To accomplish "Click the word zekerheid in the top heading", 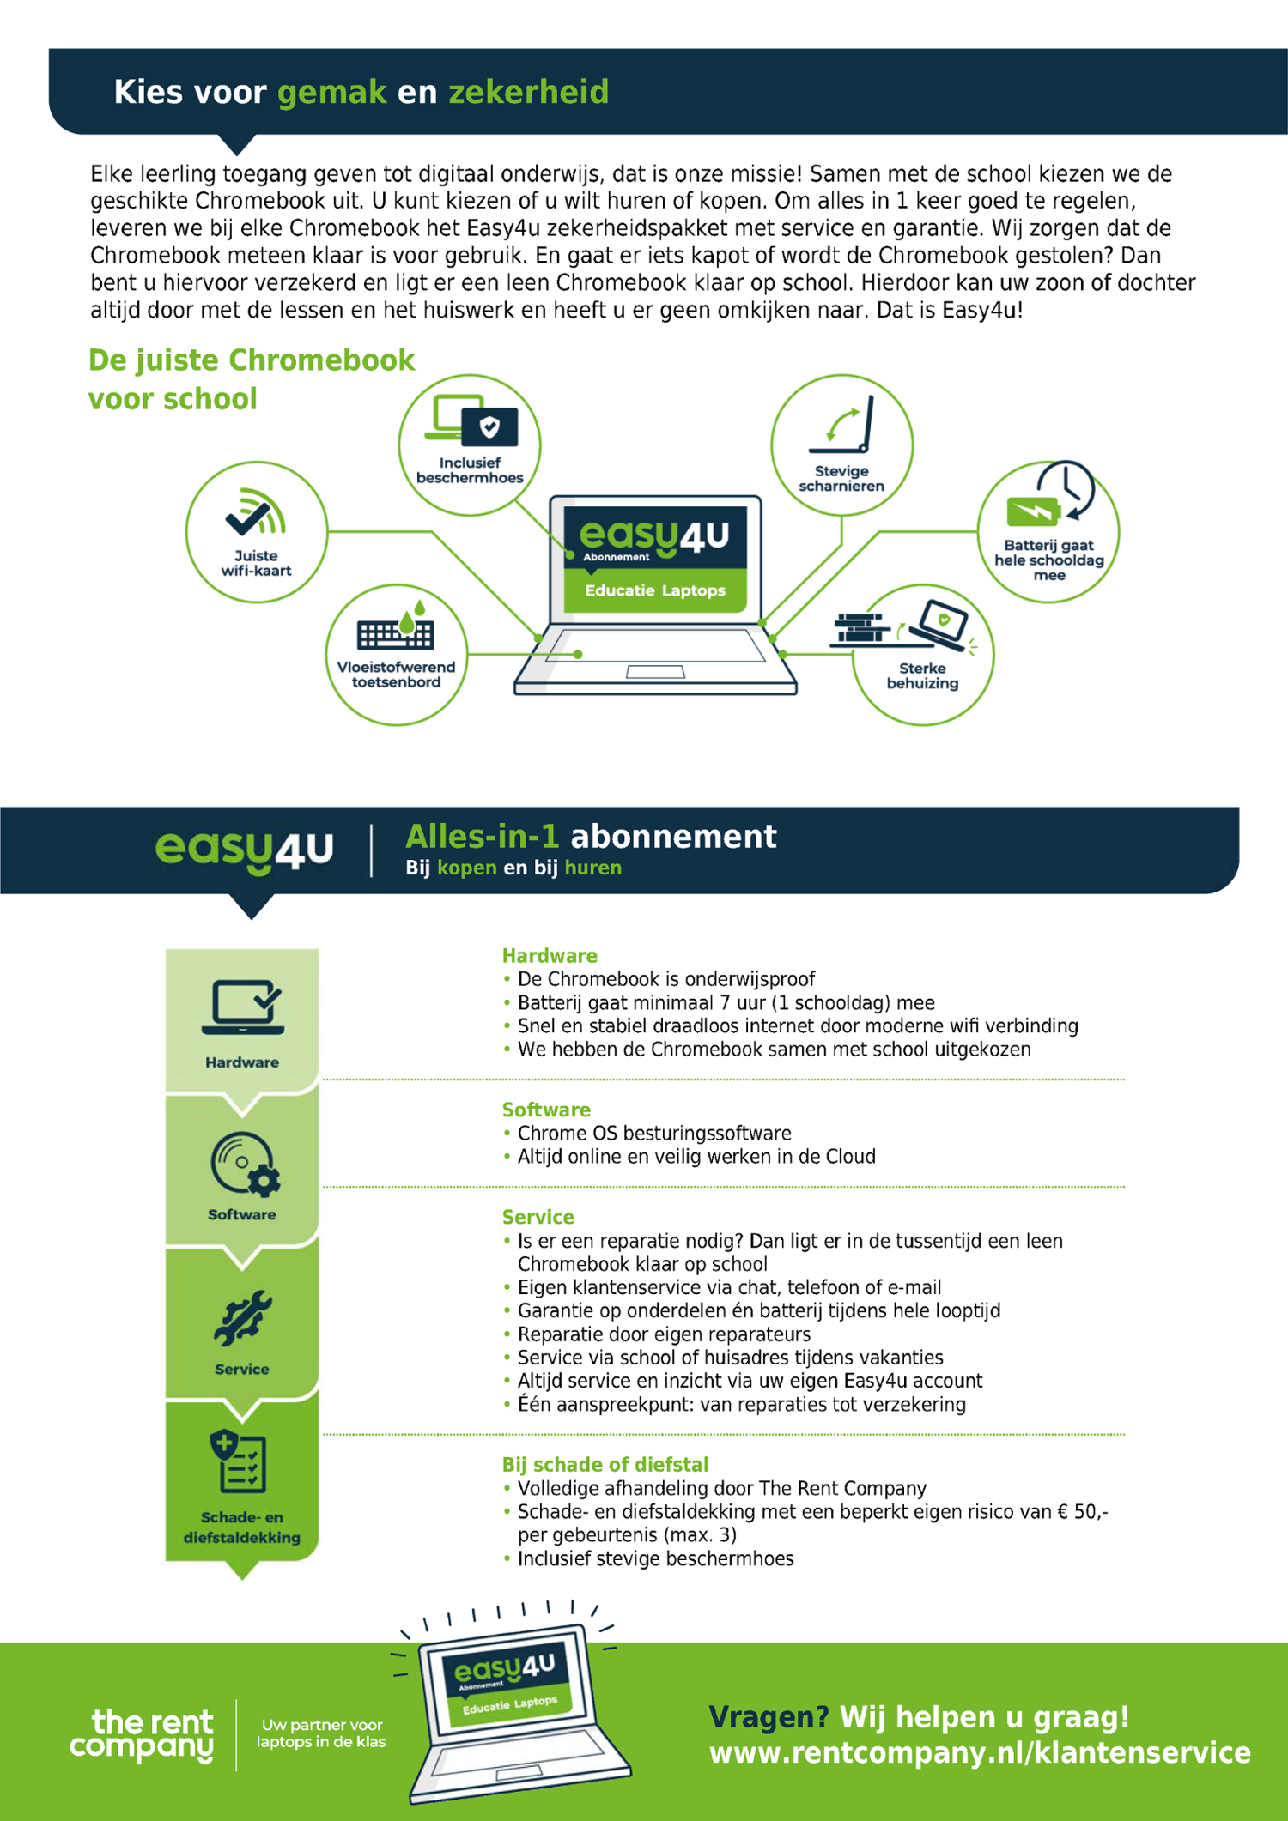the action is pos(529,92).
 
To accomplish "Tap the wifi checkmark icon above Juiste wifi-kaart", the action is pos(255,511).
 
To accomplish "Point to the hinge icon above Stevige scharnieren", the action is pos(841,425).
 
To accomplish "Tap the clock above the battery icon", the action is pos(1066,488).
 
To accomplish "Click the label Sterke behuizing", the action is pos(922,675).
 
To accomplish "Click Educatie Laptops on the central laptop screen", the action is pos(655,590).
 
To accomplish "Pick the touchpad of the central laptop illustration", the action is pos(655,672).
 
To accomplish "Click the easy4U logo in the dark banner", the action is pos(244,850).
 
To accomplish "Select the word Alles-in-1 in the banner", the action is pos(482,836).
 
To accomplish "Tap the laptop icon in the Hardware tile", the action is pos(243,1007).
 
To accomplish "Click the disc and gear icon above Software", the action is pos(245,1165).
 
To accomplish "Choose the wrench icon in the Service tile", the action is pos(242,1318).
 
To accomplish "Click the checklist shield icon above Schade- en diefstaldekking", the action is pos(238,1461).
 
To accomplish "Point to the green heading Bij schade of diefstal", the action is pos(605,1465).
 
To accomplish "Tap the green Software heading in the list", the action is pos(546,1110).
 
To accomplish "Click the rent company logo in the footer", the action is pos(142,1735).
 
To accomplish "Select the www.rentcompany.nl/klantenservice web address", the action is pos(980,1752).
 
